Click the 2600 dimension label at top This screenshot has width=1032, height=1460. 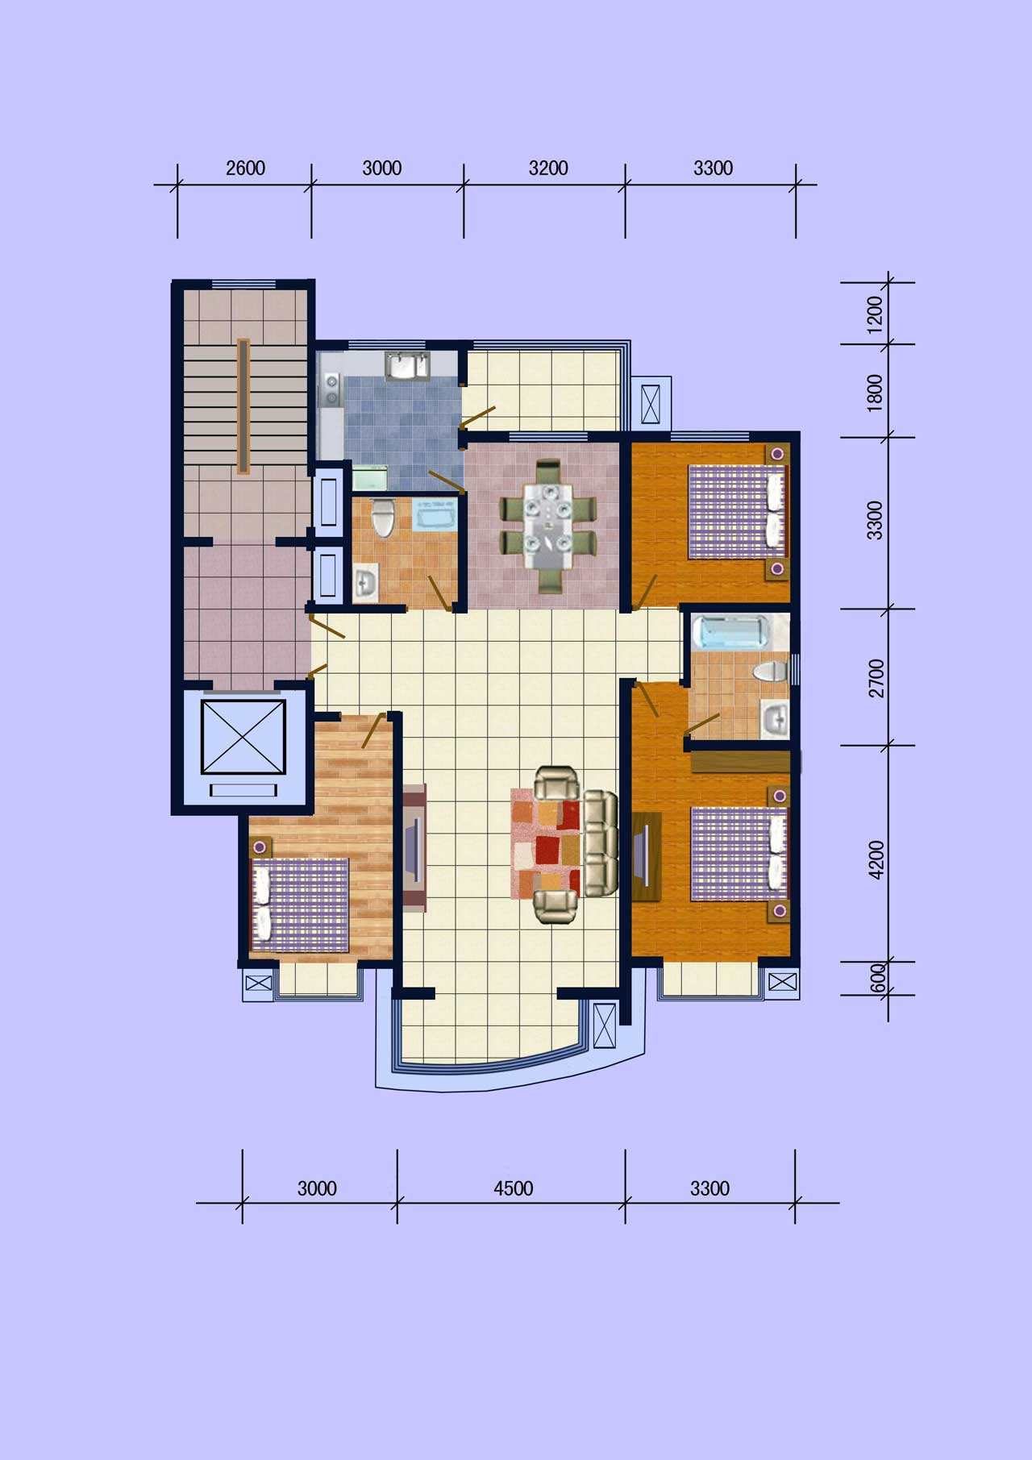pyautogui.click(x=245, y=168)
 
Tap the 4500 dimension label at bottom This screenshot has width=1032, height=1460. pyautogui.click(x=514, y=1188)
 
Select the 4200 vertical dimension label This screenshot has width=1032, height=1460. pyautogui.click(x=876, y=859)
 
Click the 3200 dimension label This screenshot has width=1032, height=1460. pyautogui.click(x=548, y=168)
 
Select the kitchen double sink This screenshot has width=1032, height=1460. pyautogui.click(x=409, y=365)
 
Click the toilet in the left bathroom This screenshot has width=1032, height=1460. pyautogui.click(x=384, y=517)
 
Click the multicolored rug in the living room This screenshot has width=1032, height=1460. pyautogui.click(x=546, y=844)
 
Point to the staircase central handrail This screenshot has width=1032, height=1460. pyautogui.click(x=243, y=406)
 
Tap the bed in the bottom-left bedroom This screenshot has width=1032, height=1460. pyautogui.click(x=302, y=905)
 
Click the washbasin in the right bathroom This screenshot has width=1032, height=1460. pyautogui.click(x=776, y=718)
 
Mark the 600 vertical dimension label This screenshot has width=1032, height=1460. pyautogui.click(x=878, y=978)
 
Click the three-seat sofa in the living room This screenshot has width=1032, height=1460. pyautogui.click(x=600, y=844)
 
